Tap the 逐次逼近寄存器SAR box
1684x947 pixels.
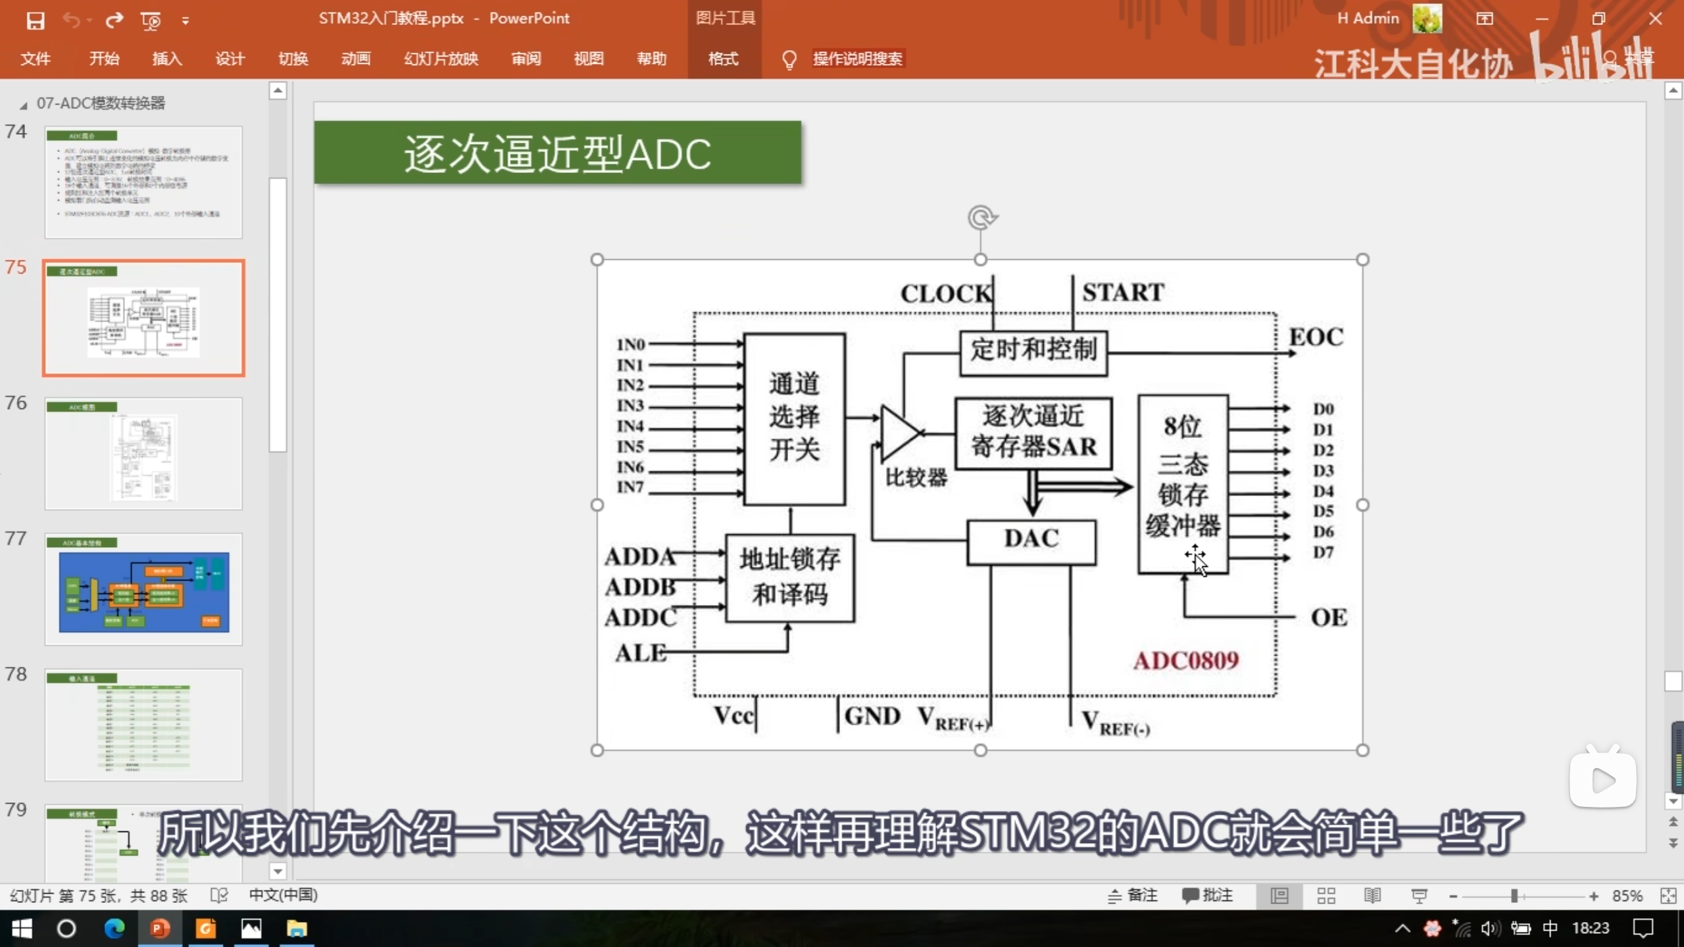(1033, 433)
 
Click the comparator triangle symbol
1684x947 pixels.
(899, 433)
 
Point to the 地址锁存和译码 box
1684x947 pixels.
(789, 577)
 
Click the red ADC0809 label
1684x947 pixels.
(1186, 660)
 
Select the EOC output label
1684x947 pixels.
(1316, 337)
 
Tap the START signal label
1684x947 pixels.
(1123, 293)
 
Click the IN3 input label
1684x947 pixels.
(630, 406)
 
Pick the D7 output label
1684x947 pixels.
(1323, 552)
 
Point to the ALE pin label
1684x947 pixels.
(640, 653)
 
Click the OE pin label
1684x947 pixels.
(1329, 618)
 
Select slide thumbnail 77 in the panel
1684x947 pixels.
(143, 589)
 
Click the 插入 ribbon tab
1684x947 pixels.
(166, 59)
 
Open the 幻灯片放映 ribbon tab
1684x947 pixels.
(441, 59)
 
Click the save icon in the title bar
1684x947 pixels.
(36, 20)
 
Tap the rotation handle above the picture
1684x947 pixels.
(981, 218)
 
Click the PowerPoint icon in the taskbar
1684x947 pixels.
(159, 929)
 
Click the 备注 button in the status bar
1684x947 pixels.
(1133, 896)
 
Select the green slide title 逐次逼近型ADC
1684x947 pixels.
(557, 153)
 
